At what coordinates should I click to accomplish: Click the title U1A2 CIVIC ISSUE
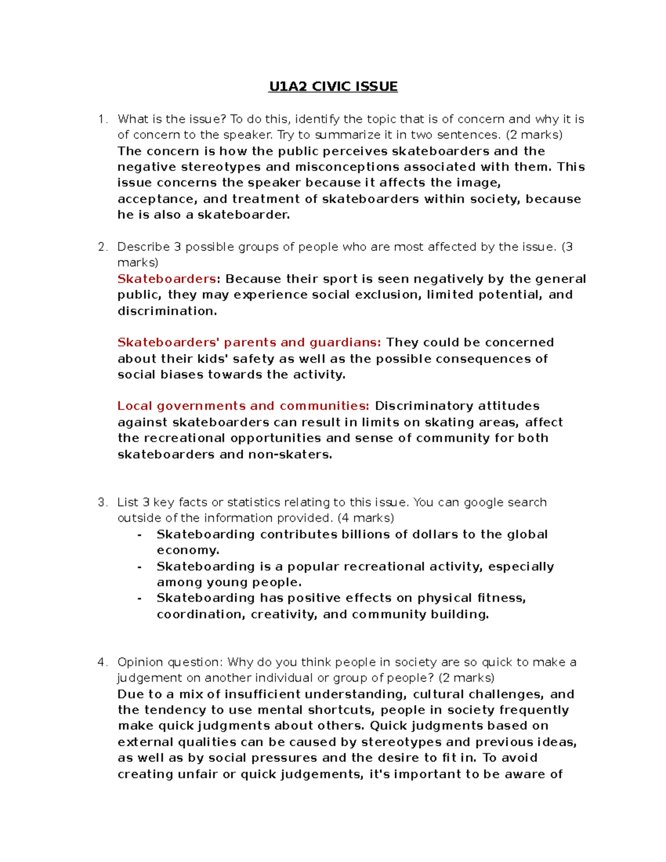click(x=333, y=87)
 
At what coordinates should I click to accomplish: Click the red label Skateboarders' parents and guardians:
click(x=249, y=342)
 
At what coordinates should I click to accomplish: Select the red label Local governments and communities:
click(x=243, y=406)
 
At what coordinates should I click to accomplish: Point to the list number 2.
click(x=102, y=247)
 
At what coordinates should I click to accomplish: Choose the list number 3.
click(x=102, y=502)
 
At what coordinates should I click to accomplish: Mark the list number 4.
click(x=102, y=662)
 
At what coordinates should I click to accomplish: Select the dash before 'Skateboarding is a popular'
click(x=140, y=567)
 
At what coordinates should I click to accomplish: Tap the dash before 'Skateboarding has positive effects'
click(x=140, y=598)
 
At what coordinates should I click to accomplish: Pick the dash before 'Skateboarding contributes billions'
click(x=140, y=535)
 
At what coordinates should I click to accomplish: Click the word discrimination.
click(x=166, y=311)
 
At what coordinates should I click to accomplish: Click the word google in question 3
click(x=483, y=502)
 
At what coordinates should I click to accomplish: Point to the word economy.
click(x=187, y=550)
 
